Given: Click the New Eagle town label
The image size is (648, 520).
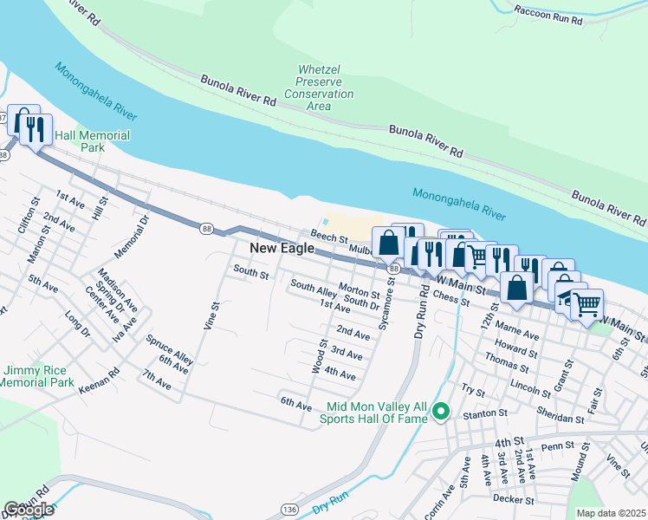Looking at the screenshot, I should [279, 248].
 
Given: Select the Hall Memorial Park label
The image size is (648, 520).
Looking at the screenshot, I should [92, 142].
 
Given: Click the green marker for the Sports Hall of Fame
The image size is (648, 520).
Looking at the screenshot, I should [441, 412].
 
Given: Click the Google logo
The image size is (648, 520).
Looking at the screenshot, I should [28, 510].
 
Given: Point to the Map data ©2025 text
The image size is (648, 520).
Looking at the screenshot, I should [611, 513].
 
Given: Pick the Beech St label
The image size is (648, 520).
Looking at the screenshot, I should [329, 236].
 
